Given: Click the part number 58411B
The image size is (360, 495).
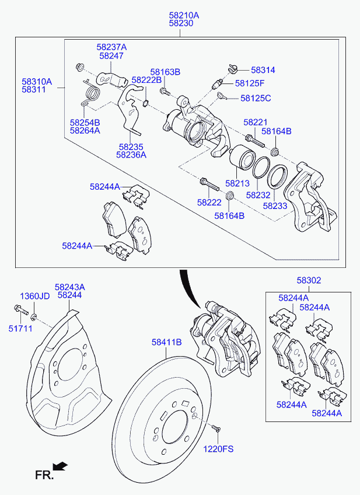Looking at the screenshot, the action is (x=167, y=342).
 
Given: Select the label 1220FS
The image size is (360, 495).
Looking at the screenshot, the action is (x=218, y=448).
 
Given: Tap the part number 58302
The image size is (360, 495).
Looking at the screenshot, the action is (x=309, y=280).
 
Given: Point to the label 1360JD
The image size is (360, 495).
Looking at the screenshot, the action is (x=35, y=297).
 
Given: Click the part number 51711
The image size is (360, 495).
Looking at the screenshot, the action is (x=20, y=329).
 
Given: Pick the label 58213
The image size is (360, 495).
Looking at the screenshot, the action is (x=237, y=183).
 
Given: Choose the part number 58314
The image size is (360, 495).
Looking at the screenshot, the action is (x=263, y=70).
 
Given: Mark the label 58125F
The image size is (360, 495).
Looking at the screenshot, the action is (x=250, y=83).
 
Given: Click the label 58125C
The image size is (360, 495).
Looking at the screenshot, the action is (x=256, y=98).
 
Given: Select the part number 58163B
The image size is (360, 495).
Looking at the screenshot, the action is (x=165, y=72).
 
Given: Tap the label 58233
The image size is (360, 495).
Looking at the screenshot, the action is (x=275, y=206).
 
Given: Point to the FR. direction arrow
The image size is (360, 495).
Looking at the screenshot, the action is (x=60, y=466).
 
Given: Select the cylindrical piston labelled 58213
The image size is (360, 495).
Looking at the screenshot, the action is (x=242, y=158).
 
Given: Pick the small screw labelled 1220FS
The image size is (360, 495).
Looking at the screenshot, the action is (x=216, y=428).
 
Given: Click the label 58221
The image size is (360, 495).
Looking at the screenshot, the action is (x=255, y=122).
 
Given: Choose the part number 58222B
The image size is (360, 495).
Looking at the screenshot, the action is (x=146, y=80).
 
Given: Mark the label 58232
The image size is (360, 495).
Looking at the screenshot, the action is (x=258, y=195).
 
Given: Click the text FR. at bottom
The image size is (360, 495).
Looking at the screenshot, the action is (x=44, y=475).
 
